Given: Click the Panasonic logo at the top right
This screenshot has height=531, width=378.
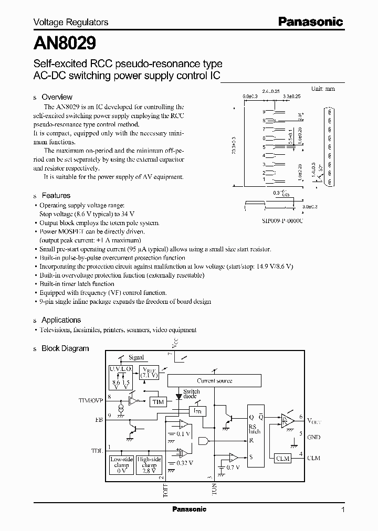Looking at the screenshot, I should (x=310, y=22).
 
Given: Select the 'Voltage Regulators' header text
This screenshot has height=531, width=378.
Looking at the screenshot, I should (x=71, y=22).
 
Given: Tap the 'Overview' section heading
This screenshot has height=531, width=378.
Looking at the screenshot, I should (x=57, y=97).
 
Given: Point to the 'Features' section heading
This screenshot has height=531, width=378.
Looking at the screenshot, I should (x=56, y=195).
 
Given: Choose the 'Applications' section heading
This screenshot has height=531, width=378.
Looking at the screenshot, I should (x=61, y=320).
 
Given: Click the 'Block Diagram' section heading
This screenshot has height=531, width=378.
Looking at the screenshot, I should (x=65, y=348).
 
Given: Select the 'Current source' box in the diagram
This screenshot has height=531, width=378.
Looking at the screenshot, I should (x=214, y=381).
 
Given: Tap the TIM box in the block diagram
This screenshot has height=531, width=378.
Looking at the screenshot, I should (x=158, y=402).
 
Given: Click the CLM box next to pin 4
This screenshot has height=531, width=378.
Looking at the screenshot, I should (x=283, y=458).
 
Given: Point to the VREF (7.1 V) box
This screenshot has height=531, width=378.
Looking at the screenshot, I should (x=150, y=373).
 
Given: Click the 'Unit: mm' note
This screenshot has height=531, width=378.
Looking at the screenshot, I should (x=323, y=89).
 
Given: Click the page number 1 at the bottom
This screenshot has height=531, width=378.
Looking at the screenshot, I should (x=343, y=509).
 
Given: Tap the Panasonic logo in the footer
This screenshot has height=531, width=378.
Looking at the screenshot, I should (x=189, y=509).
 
